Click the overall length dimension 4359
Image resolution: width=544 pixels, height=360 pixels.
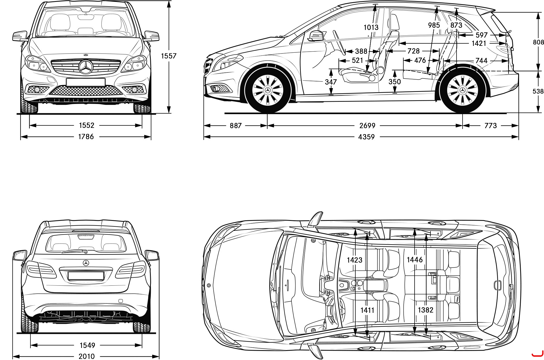[x=366, y=137]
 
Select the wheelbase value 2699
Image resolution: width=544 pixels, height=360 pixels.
[x=367, y=126]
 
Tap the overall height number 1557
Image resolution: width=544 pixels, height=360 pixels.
[x=169, y=56]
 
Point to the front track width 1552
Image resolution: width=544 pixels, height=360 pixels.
[x=87, y=125]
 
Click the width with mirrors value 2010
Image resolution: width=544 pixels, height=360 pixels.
[x=87, y=356]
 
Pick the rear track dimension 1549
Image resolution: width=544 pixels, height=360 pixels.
[x=87, y=345]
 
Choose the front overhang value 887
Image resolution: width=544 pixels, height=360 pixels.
[x=236, y=126]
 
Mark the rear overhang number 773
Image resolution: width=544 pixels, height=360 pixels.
[x=491, y=126]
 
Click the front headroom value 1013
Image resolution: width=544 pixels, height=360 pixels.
[x=371, y=27]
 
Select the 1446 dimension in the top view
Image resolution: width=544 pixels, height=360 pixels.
[x=415, y=260]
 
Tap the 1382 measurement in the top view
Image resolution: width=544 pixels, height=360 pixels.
[x=426, y=310]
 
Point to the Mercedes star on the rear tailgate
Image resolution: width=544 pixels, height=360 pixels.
[x=86, y=263]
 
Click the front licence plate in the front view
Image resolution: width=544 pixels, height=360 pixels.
[x=86, y=82]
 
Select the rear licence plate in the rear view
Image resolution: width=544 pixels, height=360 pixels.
[x=86, y=276]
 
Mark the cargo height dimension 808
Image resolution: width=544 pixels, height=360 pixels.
[x=538, y=42]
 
